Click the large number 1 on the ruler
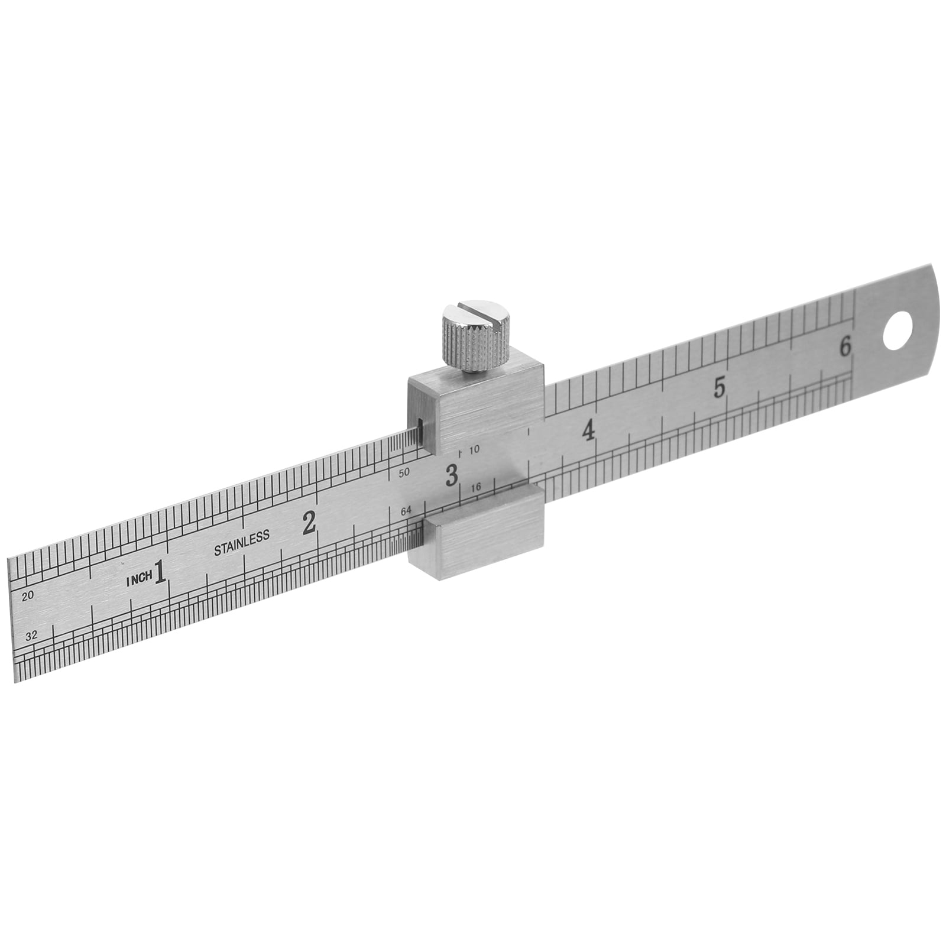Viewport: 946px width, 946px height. tap(159, 573)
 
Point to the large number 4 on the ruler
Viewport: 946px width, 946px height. tap(588, 432)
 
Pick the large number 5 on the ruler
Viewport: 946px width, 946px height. tap(720, 387)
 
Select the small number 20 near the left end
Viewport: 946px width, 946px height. tap(27, 597)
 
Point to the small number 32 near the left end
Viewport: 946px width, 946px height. tap(32, 636)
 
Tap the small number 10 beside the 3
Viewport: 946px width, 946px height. tap(474, 449)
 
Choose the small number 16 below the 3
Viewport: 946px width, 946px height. tap(477, 487)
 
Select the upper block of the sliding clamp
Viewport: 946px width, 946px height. tap(479, 414)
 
